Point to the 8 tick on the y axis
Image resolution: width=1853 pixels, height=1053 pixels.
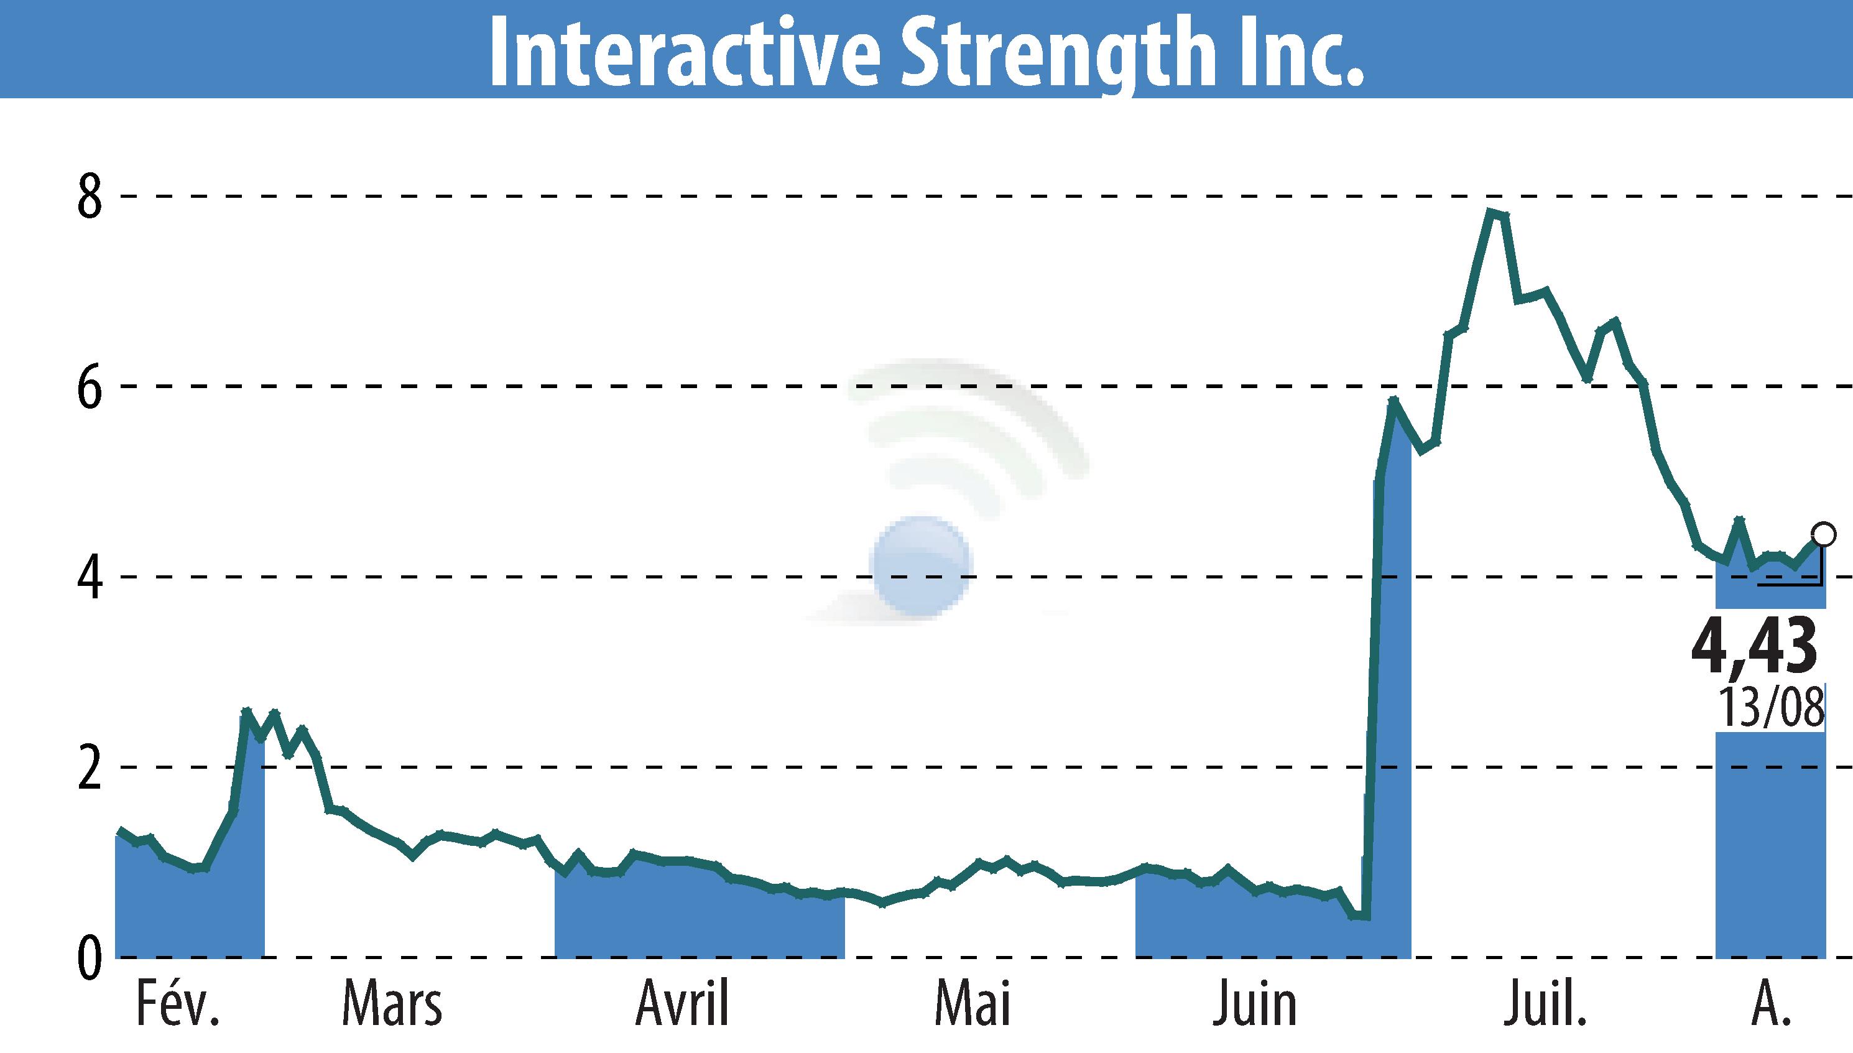pyautogui.click(x=90, y=197)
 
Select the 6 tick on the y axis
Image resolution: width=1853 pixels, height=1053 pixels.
pyautogui.click(x=90, y=387)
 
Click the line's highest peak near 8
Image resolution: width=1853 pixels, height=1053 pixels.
pyautogui.click(x=1490, y=212)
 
